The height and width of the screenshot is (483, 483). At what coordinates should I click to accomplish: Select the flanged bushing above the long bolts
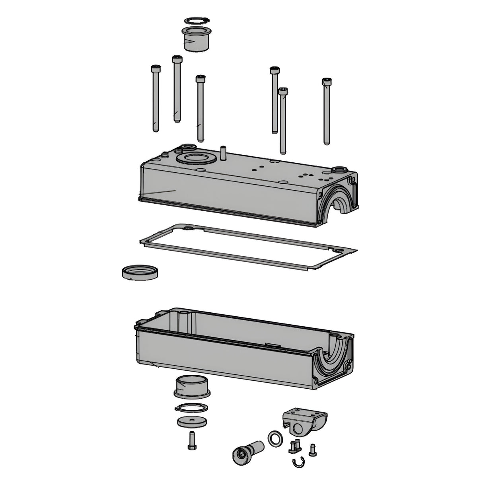[196, 40]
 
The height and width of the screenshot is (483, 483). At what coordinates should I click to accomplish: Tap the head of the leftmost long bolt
[155, 68]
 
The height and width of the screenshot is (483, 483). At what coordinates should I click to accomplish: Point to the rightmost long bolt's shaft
[327, 115]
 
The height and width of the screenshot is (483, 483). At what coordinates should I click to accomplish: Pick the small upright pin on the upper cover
[223, 153]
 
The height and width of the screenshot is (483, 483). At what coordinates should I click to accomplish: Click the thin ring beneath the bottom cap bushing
[192, 408]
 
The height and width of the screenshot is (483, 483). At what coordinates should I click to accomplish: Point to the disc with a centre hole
[192, 423]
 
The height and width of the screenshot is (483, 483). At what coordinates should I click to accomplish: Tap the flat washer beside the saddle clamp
[275, 438]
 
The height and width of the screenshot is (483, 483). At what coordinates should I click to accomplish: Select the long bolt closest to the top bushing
[177, 90]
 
